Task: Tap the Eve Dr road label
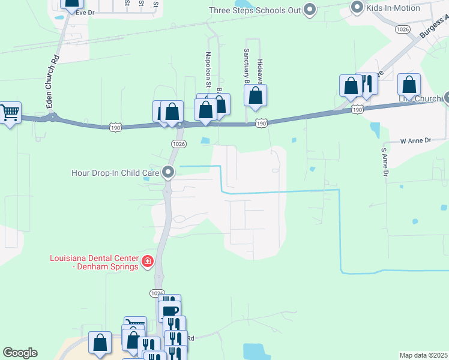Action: click(x=85, y=12)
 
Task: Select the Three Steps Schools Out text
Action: click(x=254, y=10)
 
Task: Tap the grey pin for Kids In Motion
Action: click(x=357, y=8)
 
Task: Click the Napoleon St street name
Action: click(x=208, y=71)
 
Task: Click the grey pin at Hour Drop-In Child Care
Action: click(x=169, y=173)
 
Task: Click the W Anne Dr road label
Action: click(x=415, y=140)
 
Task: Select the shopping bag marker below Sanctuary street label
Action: click(x=256, y=95)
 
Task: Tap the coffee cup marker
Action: click(x=169, y=311)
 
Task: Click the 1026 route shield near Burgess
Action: click(x=402, y=29)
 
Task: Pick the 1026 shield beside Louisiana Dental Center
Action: click(x=156, y=293)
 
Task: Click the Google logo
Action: click(x=20, y=353)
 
